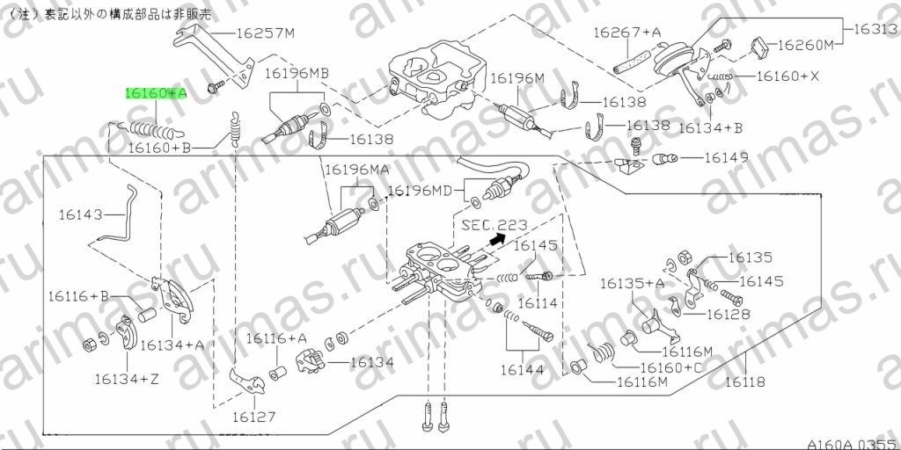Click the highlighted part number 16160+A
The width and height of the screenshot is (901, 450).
[x=157, y=93]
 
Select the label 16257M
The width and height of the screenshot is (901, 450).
[x=266, y=33]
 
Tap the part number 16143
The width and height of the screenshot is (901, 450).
[x=80, y=214]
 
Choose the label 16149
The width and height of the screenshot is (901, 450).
[x=726, y=156]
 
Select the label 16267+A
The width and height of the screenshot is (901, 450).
[x=626, y=33]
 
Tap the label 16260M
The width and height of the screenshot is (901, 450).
[x=805, y=46]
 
